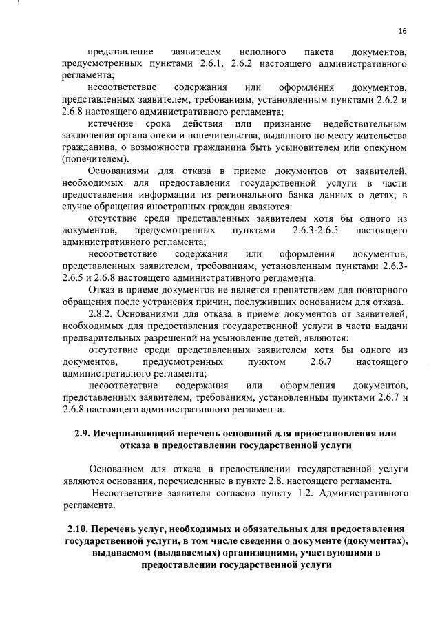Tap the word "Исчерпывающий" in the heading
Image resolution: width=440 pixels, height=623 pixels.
pos(137,434)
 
